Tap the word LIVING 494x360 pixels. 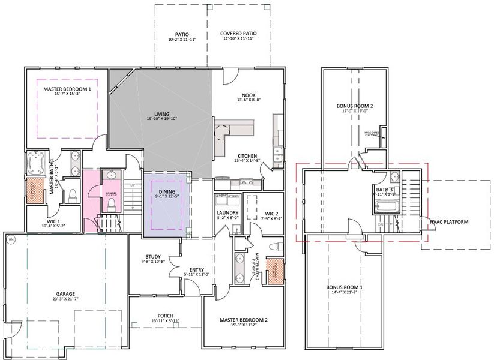(x=161, y=114)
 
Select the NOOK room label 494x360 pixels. (x=249, y=95)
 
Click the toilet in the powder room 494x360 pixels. (x=110, y=203)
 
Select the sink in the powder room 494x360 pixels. (x=110, y=176)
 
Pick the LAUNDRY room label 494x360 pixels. (x=227, y=213)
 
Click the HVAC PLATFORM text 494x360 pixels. (x=450, y=222)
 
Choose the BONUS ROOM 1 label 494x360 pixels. (x=345, y=287)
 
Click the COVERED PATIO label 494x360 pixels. (x=238, y=34)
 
